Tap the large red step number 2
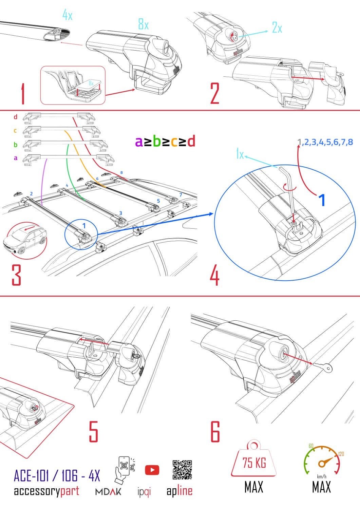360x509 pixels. pyautogui.click(x=215, y=94)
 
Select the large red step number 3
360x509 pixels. pyautogui.click(x=16, y=275)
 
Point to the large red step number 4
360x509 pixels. pyautogui.click(x=214, y=276)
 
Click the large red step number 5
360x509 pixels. pyautogui.click(x=93, y=431)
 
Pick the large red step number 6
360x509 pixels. pyautogui.click(x=215, y=431)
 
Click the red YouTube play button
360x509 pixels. pyautogui.click(x=152, y=470)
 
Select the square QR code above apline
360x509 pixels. pyautogui.click(x=182, y=470)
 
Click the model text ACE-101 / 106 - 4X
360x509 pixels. pyautogui.click(x=57, y=476)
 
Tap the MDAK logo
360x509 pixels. pyautogui.click(x=108, y=491)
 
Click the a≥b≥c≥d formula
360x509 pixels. pyautogui.click(x=165, y=142)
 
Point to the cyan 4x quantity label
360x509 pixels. pyautogui.click(x=67, y=15)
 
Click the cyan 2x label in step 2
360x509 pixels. pyautogui.click(x=277, y=27)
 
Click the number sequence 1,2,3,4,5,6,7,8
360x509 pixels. pyautogui.click(x=325, y=142)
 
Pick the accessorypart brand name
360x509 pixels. pyautogui.click(x=46, y=491)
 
